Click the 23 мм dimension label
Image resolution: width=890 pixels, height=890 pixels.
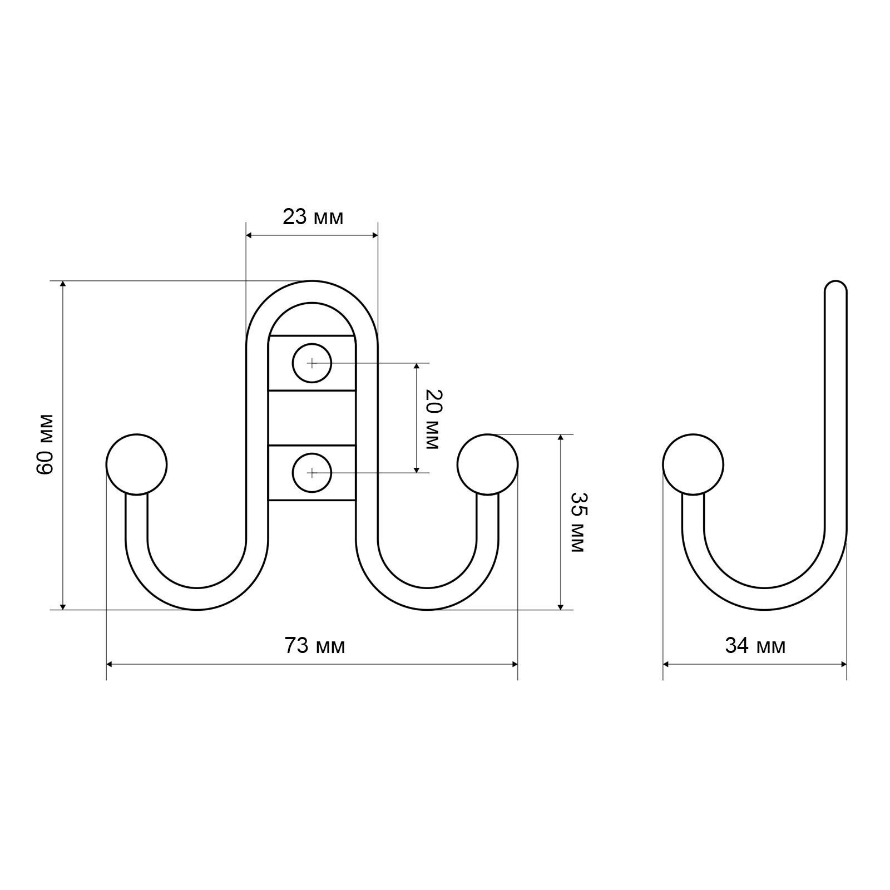click(x=313, y=217)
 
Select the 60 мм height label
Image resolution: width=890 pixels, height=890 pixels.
click(x=44, y=444)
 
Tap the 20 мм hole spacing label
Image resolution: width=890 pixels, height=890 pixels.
click(x=433, y=419)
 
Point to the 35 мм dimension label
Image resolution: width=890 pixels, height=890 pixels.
click(x=578, y=522)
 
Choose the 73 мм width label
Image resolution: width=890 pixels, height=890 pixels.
click(x=315, y=646)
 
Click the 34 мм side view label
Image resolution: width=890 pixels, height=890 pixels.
click(x=755, y=646)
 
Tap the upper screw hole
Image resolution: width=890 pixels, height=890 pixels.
click(x=312, y=363)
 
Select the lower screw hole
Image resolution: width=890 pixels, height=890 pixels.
click(x=312, y=473)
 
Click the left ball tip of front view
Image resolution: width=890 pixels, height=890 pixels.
click(x=136, y=464)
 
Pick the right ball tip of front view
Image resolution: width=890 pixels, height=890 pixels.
click(x=488, y=464)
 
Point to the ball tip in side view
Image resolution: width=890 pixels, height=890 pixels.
click(x=693, y=464)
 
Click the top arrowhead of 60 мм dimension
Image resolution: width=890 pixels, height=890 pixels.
click(x=63, y=285)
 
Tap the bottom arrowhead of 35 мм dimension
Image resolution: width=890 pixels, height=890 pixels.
click(x=561, y=605)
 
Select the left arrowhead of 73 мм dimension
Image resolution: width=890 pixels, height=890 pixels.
click(x=111, y=664)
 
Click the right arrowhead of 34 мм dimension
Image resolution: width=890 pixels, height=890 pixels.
click(x=842, y=664)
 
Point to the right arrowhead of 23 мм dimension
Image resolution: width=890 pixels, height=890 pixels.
click(x=374, y=235)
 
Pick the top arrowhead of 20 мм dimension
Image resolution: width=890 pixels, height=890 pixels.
click(x=416, y=368)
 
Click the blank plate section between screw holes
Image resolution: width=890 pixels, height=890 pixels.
click(x=312, y=418)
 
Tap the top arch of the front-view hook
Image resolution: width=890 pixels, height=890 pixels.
click(x=312, y=291)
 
